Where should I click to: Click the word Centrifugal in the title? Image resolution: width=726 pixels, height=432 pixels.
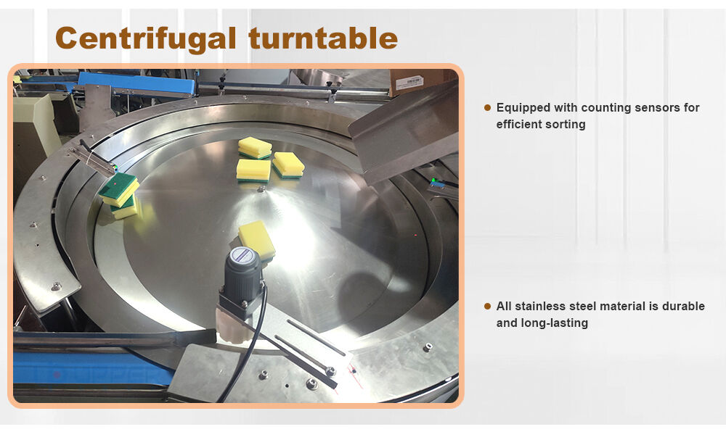pyautogui.click(x=146, y=38)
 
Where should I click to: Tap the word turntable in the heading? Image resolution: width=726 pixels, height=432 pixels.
pyautogui.click(x=323, y=38)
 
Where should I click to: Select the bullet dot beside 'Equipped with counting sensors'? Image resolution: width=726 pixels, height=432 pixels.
pyautogui.click(x=487, y=108)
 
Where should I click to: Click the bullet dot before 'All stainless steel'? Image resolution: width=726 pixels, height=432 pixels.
pyautogui.click(x=487, y=307)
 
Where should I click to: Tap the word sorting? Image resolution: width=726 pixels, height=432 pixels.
pyautogui.click(x=564, y=125)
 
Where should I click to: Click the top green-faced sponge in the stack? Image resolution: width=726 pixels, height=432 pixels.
pyautogui.click(x=119, y=189)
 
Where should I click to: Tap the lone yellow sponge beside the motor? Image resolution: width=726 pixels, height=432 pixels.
pyautogui.click(x=257, y=239)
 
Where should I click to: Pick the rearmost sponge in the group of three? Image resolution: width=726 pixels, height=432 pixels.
pyautogui.click(x=255, y=147)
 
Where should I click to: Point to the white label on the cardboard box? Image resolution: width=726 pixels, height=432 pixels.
pyautogui.click(x=409, y=83)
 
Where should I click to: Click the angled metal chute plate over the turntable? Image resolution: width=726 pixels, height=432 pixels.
pyautogui.click(x=404, y=133)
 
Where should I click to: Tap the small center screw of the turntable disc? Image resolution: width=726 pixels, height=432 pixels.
pyautogui.click(x=261, y=188)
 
